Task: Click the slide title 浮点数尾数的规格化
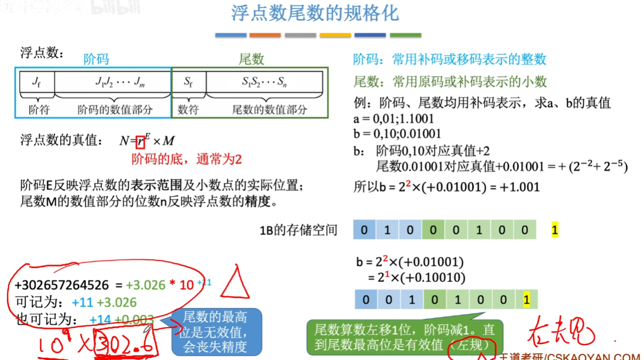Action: coord(315,14)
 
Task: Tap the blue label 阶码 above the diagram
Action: coord(96,59)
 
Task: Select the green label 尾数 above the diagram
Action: coord(251,59)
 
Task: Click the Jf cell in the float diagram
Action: coord(36,82)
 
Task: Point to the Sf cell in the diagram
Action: coord(188,82)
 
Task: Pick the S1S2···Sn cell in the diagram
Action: coord(264,82)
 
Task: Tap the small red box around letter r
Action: coord(141,141)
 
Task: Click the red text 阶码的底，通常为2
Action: coord(186,159)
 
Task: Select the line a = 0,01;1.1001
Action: coord(394,118)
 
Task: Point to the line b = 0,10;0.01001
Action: coord(398,133)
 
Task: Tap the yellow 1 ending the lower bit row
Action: coord(526,300)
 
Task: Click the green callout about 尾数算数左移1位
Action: coord(404,336)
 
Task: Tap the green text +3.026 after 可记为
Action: coord(117,302)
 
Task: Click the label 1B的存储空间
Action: coord(298,230)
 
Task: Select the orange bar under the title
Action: coord(265,35)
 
